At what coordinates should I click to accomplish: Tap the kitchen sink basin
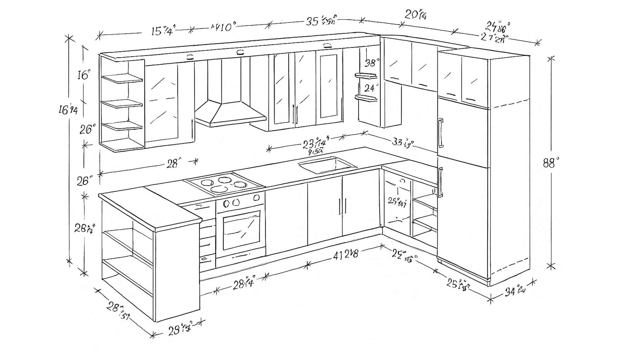327,165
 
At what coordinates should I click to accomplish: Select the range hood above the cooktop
230,113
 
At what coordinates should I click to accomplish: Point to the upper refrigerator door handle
440,133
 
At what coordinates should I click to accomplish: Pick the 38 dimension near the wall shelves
372,62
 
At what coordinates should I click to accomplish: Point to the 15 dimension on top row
162,31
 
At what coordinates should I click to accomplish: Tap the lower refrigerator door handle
440,182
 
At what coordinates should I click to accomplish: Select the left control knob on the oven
226,204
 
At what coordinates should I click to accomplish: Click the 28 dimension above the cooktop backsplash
173,164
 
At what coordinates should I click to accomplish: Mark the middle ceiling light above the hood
240,52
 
